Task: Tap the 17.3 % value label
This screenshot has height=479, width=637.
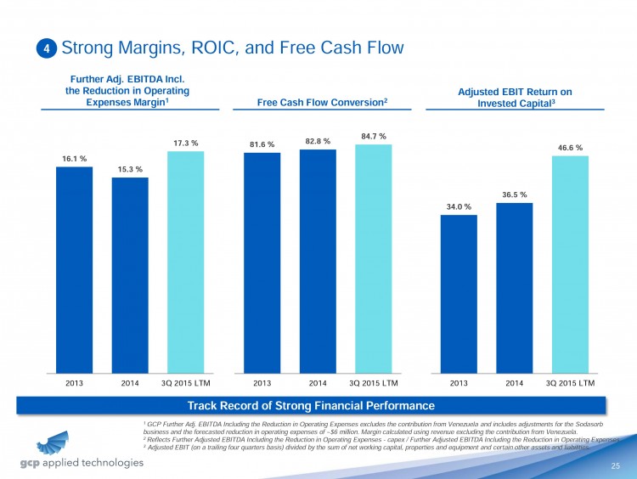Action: [x=185, y=143]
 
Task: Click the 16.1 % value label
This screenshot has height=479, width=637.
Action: [x=74, y=158]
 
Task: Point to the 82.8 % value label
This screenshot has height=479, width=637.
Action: [x=317, y=140]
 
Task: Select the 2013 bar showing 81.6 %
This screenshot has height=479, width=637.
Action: [x=262, y=262]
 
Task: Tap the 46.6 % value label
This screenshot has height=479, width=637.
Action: [x=569, y=147]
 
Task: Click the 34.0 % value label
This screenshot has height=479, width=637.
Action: [x=459, y=206]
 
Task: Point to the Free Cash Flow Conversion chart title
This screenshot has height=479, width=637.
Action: [x=322, y=102]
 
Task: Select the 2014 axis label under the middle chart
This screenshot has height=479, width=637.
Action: [x=318, y=383]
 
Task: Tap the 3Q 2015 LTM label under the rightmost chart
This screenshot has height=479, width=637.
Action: [x=569, y=383]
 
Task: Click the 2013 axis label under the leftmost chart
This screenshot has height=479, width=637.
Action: [x=75, y=383]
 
